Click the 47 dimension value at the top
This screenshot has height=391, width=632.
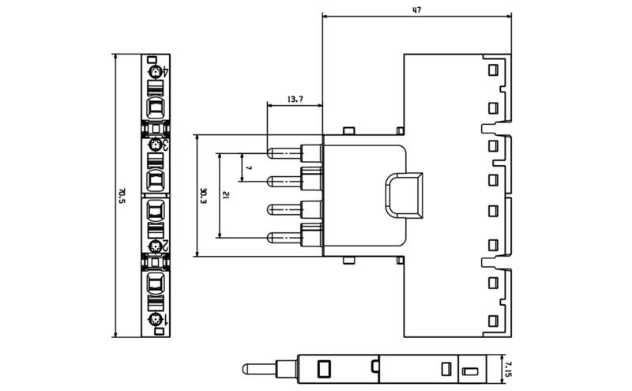coord(416,10)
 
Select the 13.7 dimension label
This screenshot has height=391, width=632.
coord(294,100)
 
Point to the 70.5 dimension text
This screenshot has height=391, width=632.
coord(122,195)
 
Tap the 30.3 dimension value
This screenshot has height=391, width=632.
coord(203,195)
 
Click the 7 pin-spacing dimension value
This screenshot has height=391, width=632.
coord(249,167)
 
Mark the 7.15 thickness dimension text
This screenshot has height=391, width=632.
coord(510,367)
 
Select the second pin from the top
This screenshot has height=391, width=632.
coord(284,181)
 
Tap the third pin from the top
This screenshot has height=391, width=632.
coord(284,209)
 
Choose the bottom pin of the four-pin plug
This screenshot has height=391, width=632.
coord(284,237)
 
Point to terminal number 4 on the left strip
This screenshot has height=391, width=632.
coord(156,73)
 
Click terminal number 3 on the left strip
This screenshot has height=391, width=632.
coord(156,145)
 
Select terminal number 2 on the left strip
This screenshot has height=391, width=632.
coord(156,246)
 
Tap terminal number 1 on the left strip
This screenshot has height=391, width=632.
coord(156,318)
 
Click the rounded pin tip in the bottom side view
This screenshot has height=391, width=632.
coord(247,367)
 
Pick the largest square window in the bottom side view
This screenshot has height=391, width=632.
coord(322,367)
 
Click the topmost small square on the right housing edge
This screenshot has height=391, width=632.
coord(493,70)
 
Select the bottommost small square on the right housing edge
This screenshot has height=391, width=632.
coord(493,320)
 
